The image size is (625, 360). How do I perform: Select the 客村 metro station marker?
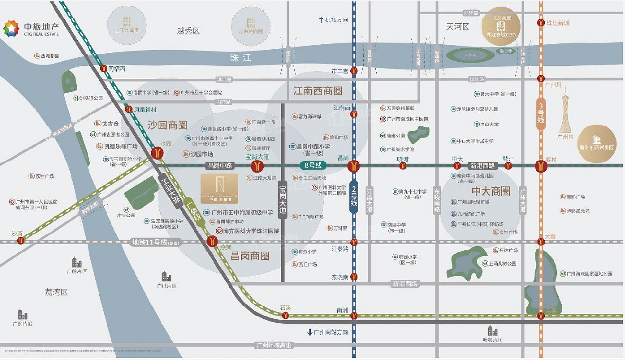click(540, 166)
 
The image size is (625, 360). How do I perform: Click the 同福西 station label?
click(116, 69)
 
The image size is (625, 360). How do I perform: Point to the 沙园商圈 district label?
click(167, 125)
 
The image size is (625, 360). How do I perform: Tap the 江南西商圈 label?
click(318, 91)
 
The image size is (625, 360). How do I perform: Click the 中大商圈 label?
click(491, 191)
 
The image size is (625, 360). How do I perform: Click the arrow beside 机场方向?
click(321, 20)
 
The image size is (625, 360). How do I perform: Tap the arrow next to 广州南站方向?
click(309, 332)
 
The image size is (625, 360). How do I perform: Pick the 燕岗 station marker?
click(212, 241)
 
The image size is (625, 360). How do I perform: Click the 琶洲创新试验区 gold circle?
click(597, 144)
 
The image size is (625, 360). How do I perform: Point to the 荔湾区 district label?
click(56, 292)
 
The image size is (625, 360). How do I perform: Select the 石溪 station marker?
click(285, 316)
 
